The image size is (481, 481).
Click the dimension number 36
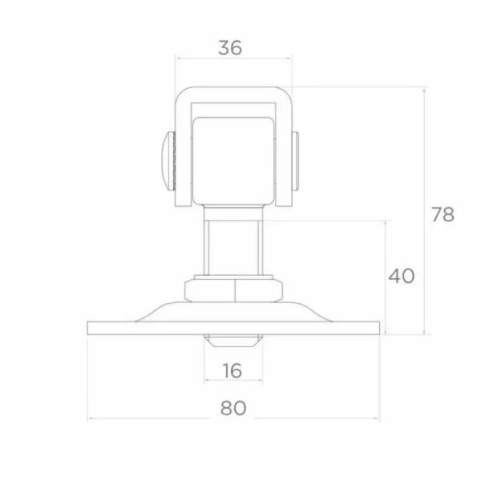230,47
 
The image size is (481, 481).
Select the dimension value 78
442,214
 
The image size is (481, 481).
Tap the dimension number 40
402,276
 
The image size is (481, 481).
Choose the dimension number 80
232,408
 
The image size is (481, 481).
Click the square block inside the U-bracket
232,156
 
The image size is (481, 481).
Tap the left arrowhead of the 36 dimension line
179,59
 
